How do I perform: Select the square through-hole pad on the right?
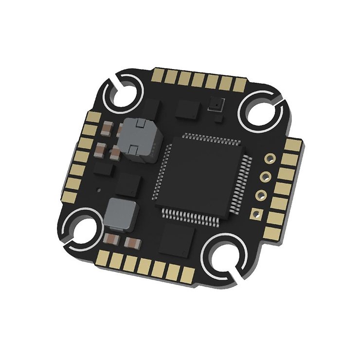[x=254, y=212]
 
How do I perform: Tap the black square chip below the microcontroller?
[x=177, y=239]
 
